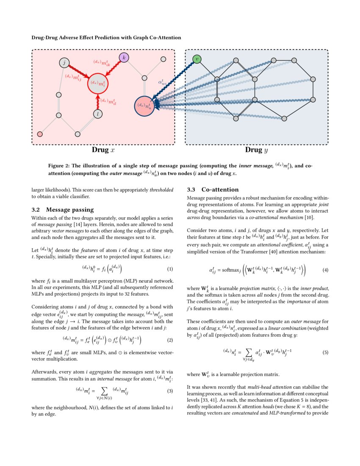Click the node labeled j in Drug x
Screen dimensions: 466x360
coord(64,63)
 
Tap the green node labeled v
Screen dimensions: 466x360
coord(197,59)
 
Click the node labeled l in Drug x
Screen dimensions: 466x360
coord(98,114)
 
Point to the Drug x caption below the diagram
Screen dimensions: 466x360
coord(103,150)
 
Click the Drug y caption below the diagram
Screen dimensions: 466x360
coord(257,150)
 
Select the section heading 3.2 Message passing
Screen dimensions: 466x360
coord(62,209)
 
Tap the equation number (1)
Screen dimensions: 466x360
coord(170,269)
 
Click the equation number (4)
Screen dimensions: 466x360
coord(325,270)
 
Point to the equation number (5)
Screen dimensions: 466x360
coord(325,352)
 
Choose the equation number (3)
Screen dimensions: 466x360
coord(170,391)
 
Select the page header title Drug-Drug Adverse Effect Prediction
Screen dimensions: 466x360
coord(106,38)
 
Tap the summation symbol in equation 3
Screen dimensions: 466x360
coord(104,390)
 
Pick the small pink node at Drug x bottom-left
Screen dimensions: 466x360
coord(40,134)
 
